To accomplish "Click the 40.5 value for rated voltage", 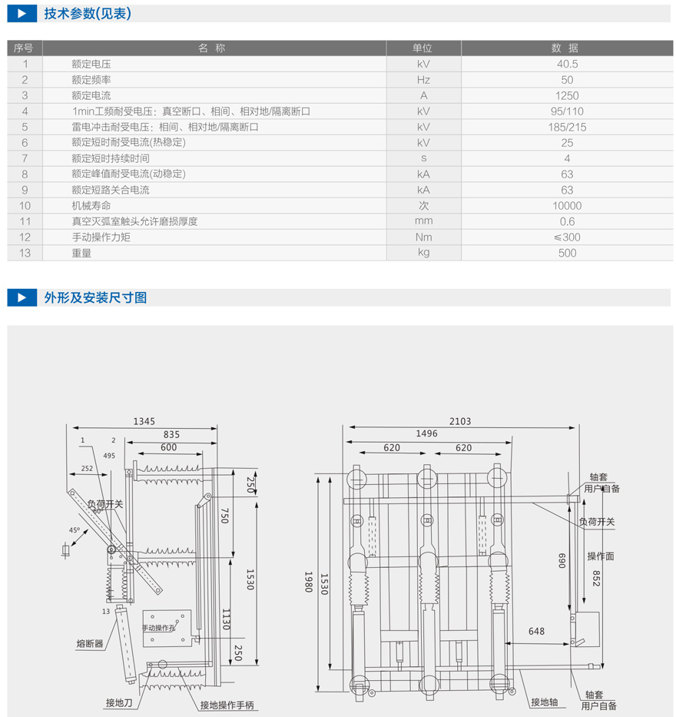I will tap(567, 65).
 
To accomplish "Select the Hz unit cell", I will tap(423, 80).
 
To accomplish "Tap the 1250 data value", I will tap(567, 96).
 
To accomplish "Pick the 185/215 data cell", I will tap(567, 128).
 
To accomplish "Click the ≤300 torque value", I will tap(567, 237).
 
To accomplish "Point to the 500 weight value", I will tap(567, 253).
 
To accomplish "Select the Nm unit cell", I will tap(423, 237).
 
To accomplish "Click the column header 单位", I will tap(423, 48).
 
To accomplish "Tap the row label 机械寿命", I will tap(91, 206).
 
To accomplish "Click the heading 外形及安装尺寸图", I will tap(95, 297).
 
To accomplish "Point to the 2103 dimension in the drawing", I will tap(461, 421).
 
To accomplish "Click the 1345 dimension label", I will tap(144, 421).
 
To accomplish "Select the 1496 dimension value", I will tap(426, 433).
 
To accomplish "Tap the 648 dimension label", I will tap(536, 632).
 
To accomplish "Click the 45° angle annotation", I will tap(75, 530).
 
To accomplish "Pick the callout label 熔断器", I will tap(90, 644).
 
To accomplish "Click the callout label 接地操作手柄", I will tap(227, 705).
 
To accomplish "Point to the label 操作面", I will tap(601, 556).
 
